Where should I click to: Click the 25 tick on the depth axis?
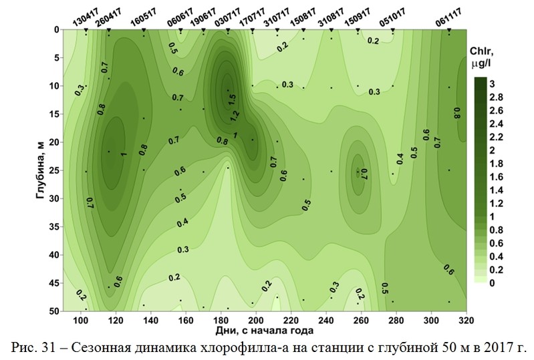point(55,171)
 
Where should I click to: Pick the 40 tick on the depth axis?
point(55,255)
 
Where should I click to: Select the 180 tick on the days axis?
point(221,320)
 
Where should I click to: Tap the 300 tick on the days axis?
point(431,320)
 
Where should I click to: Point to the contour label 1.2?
point(235,115)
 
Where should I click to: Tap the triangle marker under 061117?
point(449,31)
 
